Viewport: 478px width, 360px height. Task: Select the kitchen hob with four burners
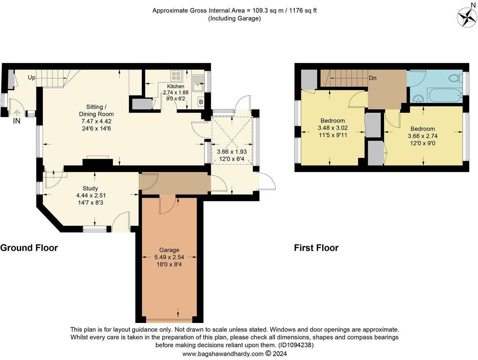pos(176,76)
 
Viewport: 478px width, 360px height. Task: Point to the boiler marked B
pos(201,102)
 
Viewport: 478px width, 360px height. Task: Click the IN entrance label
pos(17,121)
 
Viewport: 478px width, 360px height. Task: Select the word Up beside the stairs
pos(32,78)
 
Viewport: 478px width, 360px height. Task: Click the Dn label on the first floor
pos(373,78)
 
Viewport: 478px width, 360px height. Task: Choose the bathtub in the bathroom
pos(445,95)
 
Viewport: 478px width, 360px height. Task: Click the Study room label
pos(90,188)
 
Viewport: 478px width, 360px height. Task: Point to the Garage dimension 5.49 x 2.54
pos(169,257)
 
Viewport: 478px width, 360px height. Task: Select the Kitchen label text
pos(176,86)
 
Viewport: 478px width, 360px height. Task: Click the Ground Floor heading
pos(29,248)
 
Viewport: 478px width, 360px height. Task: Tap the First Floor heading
pos(316,248)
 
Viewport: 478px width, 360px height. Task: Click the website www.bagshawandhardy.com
pos(223,354)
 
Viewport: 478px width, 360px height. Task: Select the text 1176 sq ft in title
pos(303,10)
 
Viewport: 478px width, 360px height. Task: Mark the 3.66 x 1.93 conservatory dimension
pos(232,152)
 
